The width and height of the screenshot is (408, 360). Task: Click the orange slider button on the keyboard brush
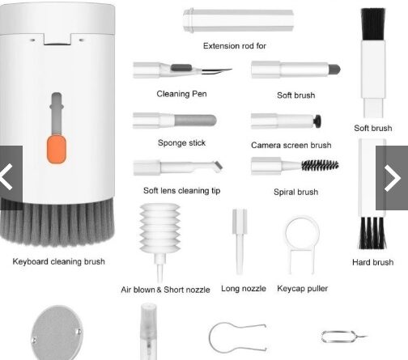click(57, 149)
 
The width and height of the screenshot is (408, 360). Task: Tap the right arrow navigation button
click(392, 178)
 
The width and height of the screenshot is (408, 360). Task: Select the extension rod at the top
click(238, 20)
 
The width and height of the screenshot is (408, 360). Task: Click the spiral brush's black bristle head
click(320, 165)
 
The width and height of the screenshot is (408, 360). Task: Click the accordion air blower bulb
click(159, 228)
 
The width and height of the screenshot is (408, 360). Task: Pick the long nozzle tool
click(240, 242)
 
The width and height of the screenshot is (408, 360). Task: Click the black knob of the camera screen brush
click(317, 121)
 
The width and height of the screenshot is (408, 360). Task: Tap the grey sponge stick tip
click(195, 121)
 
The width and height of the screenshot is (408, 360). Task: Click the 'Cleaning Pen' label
click(181, 94)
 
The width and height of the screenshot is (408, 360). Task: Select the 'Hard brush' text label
click(372, 262)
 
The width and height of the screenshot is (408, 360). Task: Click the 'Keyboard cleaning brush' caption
click(58, 261)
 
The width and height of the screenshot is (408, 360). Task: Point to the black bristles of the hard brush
click(372, 233)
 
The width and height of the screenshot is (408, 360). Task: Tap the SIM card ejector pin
click(344, 337)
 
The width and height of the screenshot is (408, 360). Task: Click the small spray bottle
click(148, 332)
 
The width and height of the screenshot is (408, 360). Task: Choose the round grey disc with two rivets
click(57, 333)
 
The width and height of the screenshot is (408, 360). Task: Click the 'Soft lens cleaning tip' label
click(181, 191)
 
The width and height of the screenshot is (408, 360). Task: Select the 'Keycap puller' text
click(302, 289)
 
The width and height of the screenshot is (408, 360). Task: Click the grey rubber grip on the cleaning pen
click(181, 67)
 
